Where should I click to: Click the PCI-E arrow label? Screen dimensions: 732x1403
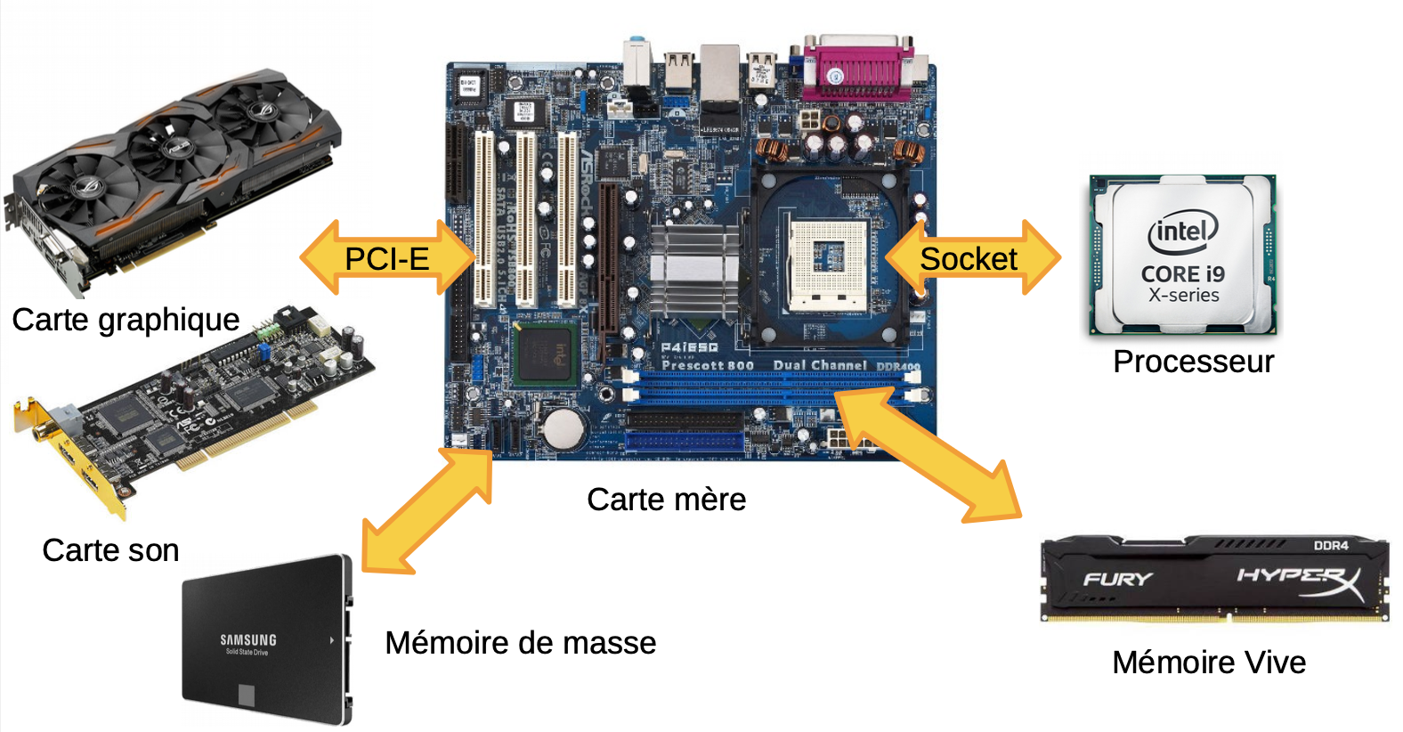[387, 259]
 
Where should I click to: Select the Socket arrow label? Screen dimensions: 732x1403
[968, 259]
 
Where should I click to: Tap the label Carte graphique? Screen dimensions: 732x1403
[126, 320]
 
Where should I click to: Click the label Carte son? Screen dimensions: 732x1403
[110, 550]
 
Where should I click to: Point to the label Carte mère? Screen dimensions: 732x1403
[666, 500]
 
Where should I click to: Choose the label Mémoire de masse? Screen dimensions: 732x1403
[520, 643]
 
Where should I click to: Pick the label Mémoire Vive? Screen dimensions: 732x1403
[1209, 663]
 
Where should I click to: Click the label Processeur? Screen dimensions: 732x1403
[1193, 362]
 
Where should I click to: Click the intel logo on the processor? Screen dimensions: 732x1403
[1182, 232]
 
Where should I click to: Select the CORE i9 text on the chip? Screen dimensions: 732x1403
[1183, 274]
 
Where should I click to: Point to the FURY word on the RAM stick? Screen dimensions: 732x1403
[1117, 580]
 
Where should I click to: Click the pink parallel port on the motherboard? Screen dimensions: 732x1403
[857, 69]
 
